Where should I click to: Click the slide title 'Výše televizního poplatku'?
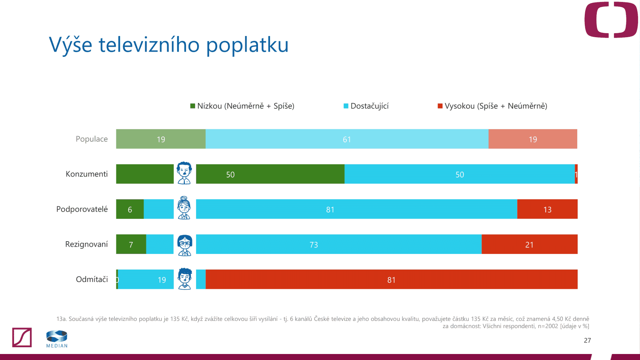168,45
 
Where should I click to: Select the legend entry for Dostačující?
366,106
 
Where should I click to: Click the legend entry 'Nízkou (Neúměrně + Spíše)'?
242,106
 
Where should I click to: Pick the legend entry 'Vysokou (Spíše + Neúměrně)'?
492,106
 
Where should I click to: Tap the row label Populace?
92,139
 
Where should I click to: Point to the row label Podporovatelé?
82,209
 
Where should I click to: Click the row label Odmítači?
92,279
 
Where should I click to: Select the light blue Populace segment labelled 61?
347,139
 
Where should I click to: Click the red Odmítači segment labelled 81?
391,279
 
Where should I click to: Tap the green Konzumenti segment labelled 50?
270,174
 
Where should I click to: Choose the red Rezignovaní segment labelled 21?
529,244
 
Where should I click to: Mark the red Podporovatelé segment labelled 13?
547,209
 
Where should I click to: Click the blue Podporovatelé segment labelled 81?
356,209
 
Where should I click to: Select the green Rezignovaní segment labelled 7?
131,244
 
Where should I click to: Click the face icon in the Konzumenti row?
184,173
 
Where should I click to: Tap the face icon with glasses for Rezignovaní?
184,245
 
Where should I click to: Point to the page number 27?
587,340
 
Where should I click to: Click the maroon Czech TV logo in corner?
611,20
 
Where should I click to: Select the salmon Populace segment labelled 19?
532,139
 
